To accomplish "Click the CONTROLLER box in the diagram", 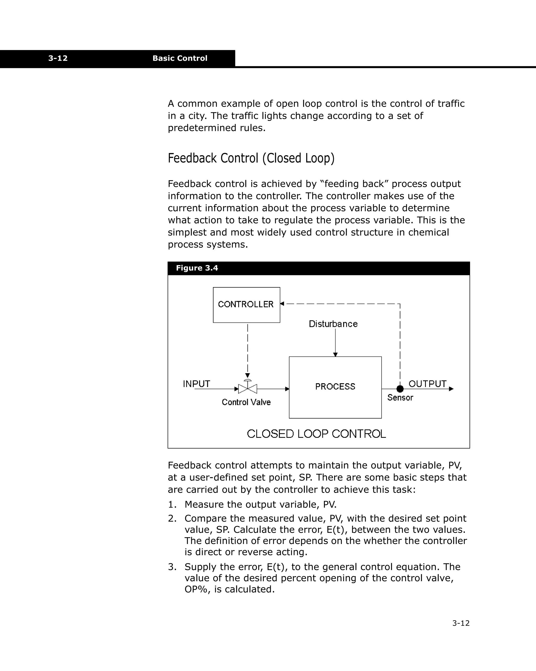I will click(246, 305).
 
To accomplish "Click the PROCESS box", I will click(335, 387).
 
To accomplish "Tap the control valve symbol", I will click(248, 388).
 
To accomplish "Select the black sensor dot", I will click(400, 389).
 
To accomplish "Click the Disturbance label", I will click(333, 324).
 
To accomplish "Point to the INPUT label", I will click(196, 384).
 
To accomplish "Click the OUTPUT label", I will click(427, 384).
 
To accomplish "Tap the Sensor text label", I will click(400, 398).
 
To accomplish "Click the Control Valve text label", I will click(246, 402).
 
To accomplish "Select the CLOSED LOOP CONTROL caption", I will click(316, 434).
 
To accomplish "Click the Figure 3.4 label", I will click(197, 268).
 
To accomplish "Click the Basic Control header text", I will click(180, 58).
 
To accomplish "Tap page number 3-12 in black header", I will click(58, 58).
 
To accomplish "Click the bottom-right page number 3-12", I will click(461, 623).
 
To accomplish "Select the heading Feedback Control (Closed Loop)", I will click(251, 158).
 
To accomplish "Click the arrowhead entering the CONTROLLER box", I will click(282, 304).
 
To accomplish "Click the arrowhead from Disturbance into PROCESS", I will click(335, 355).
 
